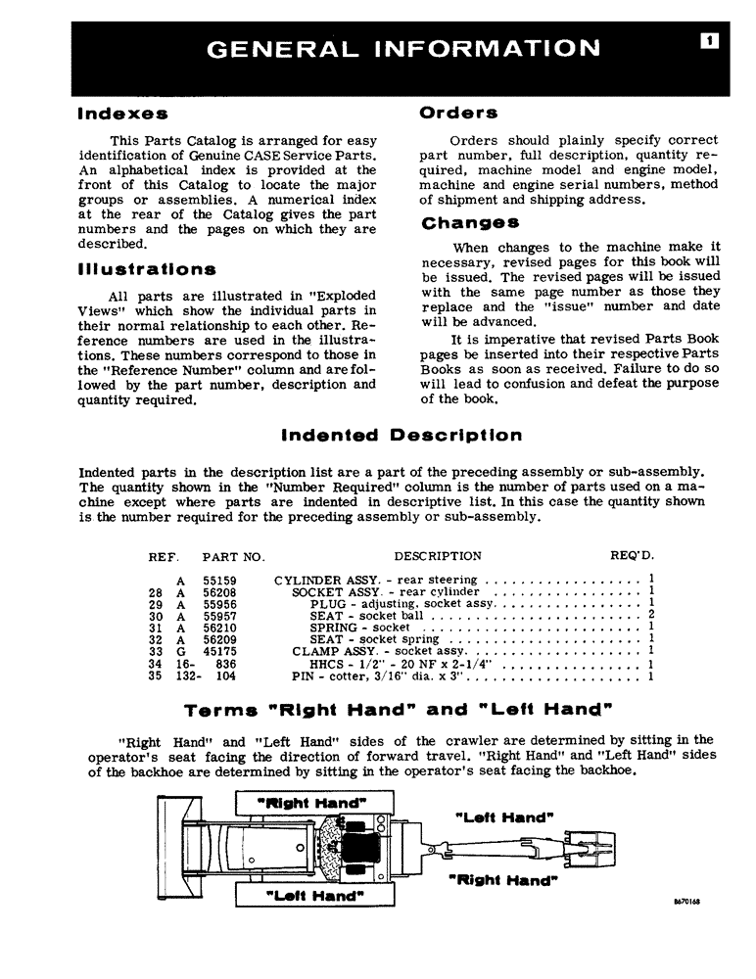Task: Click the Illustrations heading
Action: (147, 268)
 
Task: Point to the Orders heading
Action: (458, 113)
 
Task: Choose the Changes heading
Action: (469, 223)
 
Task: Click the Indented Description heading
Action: (402, 435)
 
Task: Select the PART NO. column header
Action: (233, 556)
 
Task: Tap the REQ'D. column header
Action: (632, 556)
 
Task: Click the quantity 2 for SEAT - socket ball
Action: (650, 616)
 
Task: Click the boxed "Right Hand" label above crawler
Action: (310, 803)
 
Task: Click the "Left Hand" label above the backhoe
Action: (505, 816)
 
